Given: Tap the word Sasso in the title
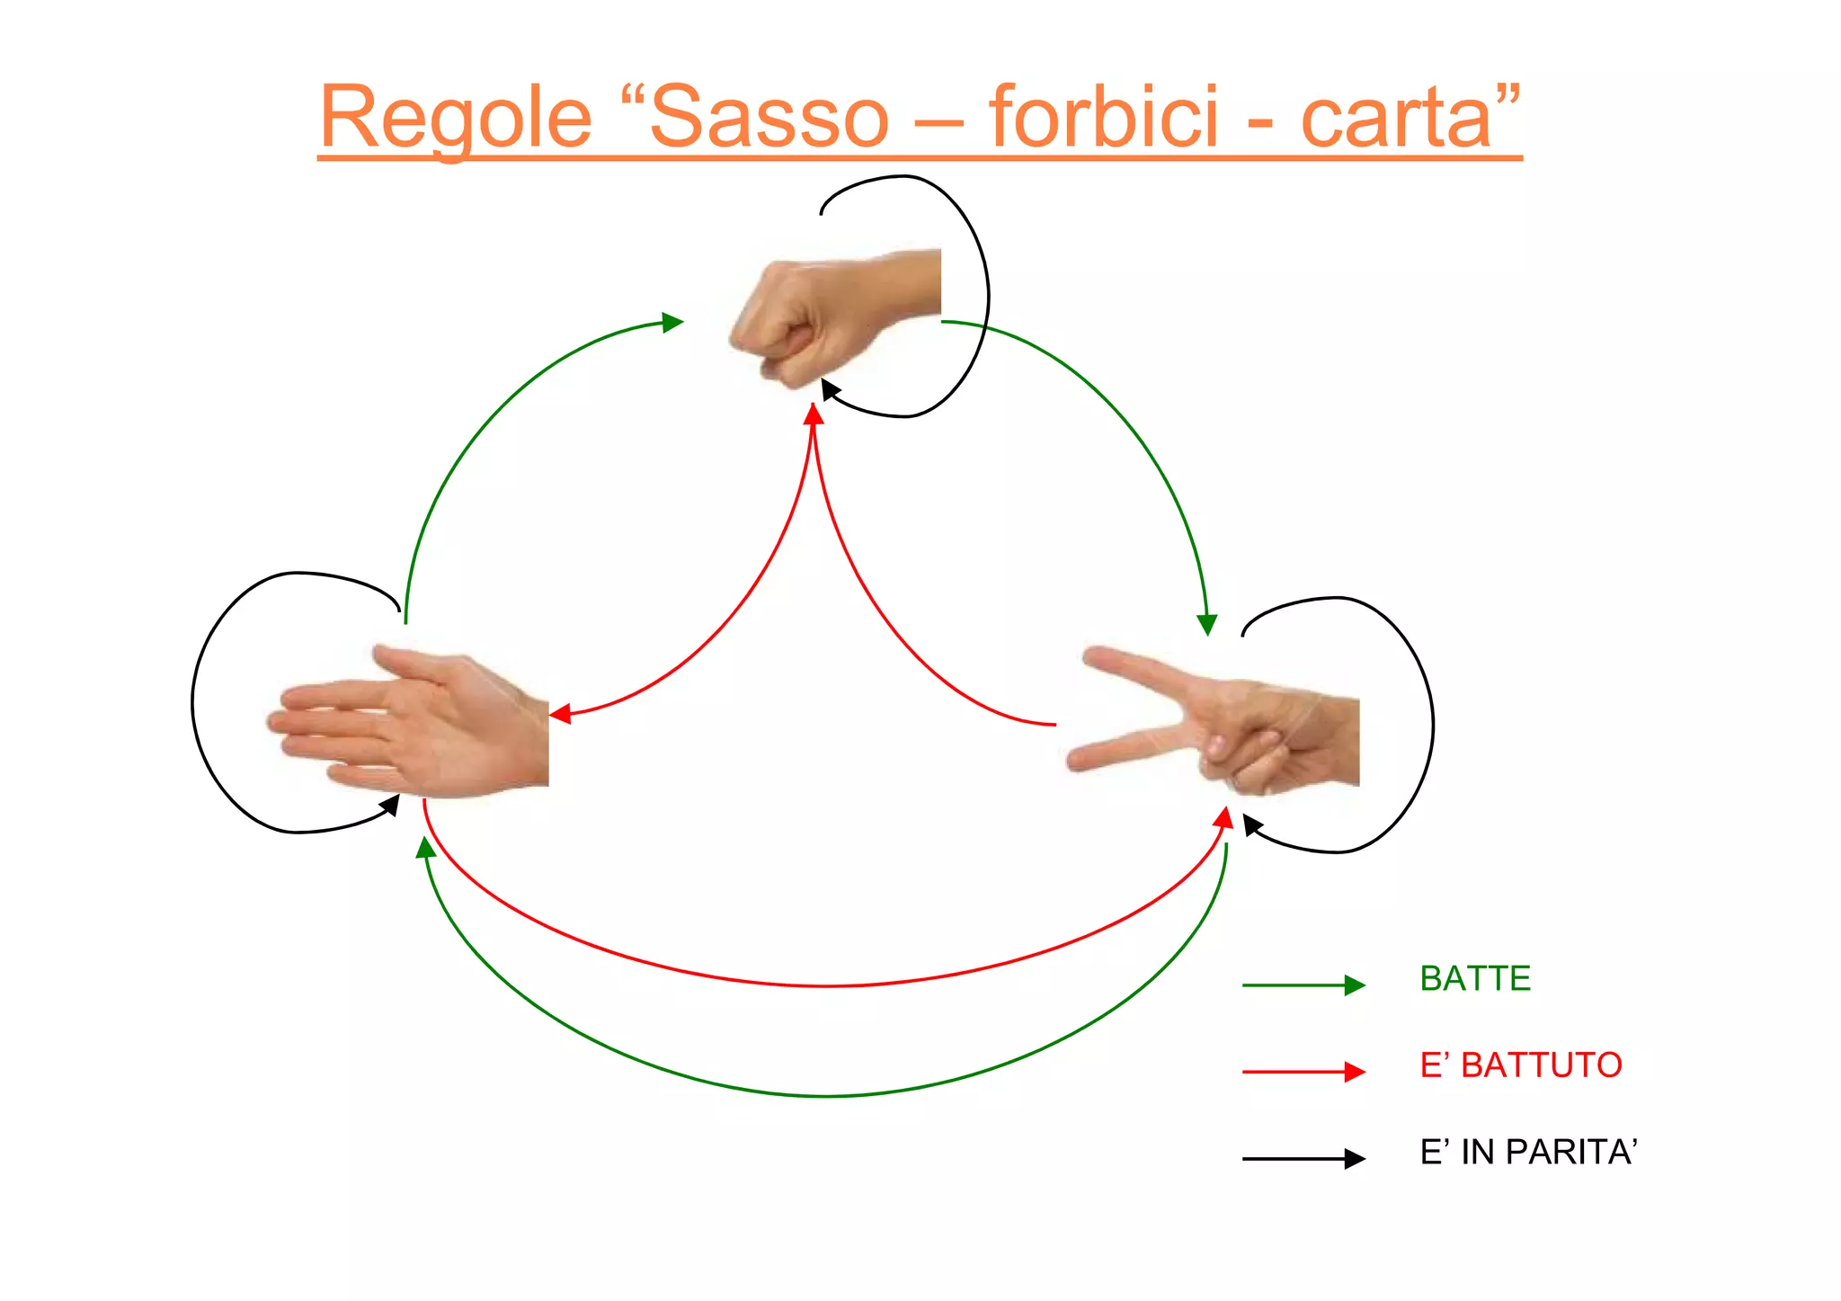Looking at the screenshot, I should tap(769, 118).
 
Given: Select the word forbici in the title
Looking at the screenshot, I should tap(1103, 118).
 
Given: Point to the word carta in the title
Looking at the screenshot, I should tap(1397, 118).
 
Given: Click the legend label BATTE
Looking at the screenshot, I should tap(1474, 978).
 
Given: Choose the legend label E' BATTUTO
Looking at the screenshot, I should tap(1520, 1065).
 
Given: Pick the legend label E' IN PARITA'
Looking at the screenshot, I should tap(1528, 1152).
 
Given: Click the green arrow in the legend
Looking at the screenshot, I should tap(1303, 985).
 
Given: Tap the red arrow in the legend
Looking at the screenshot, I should tap(1303, 1072).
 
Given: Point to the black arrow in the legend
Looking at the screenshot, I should tap(1303, 1159).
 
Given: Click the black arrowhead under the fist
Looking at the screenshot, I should tap(830, 389).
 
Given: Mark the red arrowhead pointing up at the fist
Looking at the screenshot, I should tap(814, 414).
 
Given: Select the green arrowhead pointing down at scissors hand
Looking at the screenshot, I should tap(1207, 624).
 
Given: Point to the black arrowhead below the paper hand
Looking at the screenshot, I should tap(390, 805).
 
